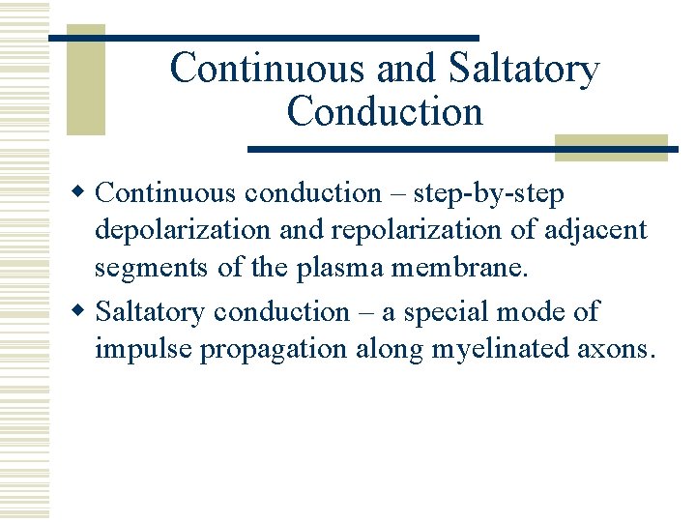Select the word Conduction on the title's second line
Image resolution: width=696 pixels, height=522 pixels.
(x=385, y=111)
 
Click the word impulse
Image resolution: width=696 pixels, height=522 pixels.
(x=143, y=348)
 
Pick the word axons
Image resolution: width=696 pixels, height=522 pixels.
(x=617, y=348)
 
